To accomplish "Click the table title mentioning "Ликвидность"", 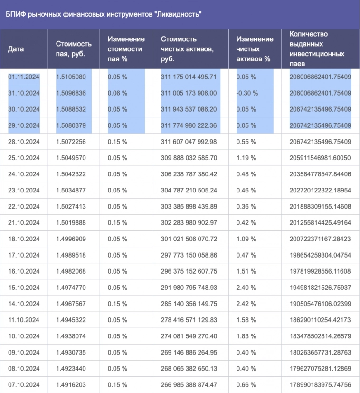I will click(x=104, y=14).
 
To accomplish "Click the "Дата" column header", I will click(x=16, y=49).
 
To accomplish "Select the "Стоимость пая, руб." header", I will click(x=71, y=49).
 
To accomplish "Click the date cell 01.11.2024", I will click(x=24, y=77).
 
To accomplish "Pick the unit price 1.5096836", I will click(x=71, y=93).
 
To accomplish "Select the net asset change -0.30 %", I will click(x=247, y=93).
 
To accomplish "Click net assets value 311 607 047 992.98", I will click(x=189, y=142).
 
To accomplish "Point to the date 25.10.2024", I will click(x=24, y=158).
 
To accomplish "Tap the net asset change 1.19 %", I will click(x=246, y=158).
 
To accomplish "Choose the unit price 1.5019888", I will click(x=71, y=222).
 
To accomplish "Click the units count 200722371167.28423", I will click(x=320, y=239).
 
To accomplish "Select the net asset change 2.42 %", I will click(x=246, y=303).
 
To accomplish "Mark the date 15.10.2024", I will click(x=24, y=287).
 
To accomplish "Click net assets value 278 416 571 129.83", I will click(x=189, y=319).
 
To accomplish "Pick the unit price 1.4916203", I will click(x=71, y=384).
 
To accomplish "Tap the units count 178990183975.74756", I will click(x=320, y=384).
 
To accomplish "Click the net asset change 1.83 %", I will click(x=246, y=335).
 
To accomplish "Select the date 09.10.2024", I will click(x=24, y=352).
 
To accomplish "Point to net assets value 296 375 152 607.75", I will click(x=189, y=271).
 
